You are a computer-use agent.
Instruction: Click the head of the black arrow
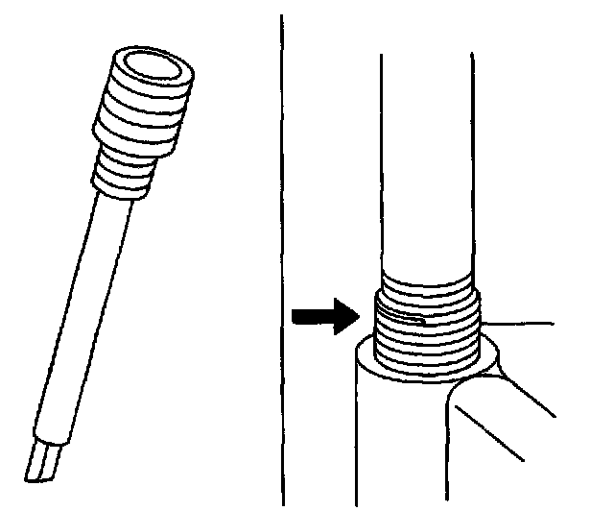point(346,318)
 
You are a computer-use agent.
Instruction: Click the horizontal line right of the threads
point(518,320)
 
